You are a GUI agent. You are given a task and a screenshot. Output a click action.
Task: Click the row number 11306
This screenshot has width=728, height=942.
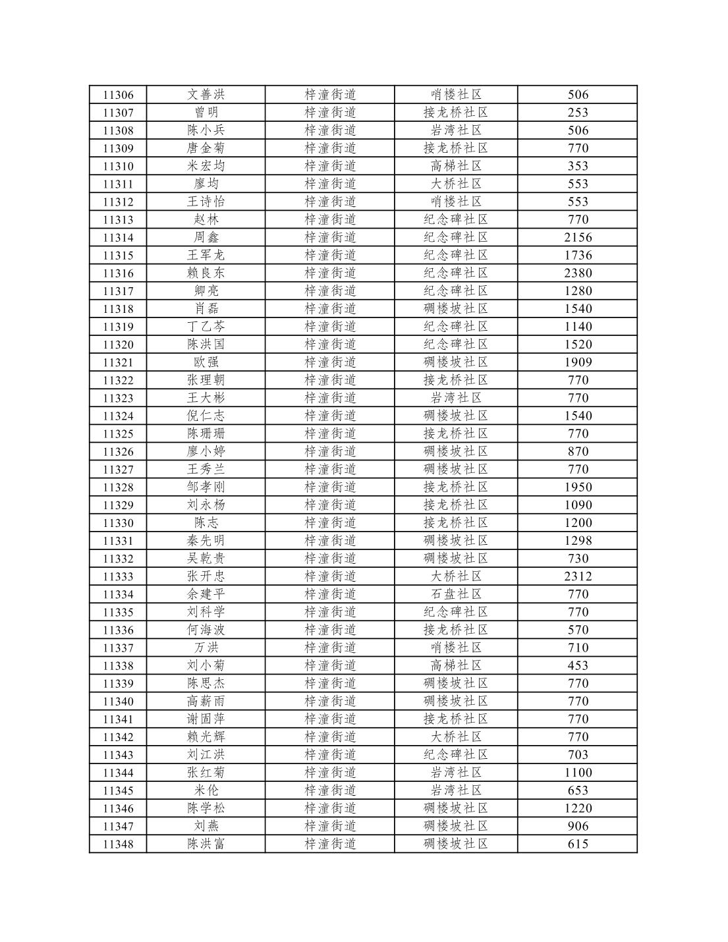pos(118,95)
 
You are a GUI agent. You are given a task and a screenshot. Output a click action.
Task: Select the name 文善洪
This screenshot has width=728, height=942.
pos(206,95)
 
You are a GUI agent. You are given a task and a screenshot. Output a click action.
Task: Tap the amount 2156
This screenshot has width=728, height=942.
pos(578,237)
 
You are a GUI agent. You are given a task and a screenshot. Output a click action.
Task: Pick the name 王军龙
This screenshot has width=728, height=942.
pos(206,255)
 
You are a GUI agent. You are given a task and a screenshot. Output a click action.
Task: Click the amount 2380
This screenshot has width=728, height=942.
pos(578,273)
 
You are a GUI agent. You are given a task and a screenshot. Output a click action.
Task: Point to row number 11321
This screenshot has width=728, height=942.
pos(118,362)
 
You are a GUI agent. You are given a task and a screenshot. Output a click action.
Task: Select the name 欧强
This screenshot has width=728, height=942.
pos(206,362)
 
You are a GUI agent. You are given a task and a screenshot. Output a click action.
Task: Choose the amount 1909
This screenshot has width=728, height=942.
pos(578,362)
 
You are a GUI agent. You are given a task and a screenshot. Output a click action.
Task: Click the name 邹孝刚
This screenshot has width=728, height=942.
pos(206,487)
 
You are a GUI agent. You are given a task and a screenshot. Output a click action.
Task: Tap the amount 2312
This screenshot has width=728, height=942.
pos(578,576)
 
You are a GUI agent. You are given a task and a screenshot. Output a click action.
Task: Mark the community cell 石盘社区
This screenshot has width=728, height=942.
pos(456,594)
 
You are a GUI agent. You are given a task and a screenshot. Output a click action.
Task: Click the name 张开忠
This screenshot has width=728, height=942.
pos(206,576)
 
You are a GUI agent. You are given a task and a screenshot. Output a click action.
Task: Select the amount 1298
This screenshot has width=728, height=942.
pos(578,541)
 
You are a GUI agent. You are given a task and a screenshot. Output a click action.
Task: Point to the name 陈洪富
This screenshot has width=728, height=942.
pos(206,844)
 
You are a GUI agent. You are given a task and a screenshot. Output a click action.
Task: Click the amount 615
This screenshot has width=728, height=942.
pos(578,844)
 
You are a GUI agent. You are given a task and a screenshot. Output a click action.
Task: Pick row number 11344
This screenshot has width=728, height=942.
pos(118,773)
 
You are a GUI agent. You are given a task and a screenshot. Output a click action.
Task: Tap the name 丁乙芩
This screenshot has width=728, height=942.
pos(206,327)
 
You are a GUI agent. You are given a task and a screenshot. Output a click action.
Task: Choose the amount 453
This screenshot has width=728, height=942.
pos(578,665)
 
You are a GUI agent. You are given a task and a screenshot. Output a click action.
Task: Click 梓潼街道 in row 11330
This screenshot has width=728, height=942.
pos(330,523)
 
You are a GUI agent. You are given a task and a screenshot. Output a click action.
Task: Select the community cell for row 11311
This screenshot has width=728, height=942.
pos(456,184)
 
